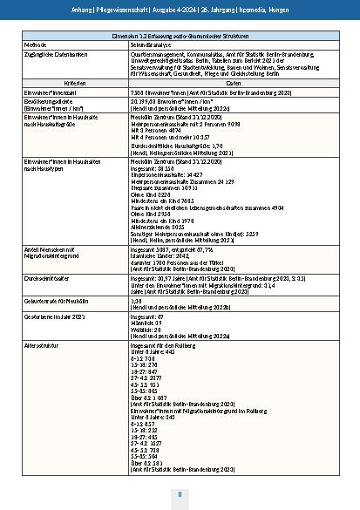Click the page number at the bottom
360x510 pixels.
(x=180, y=493)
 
